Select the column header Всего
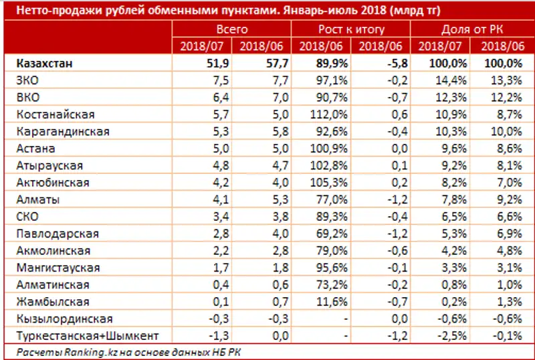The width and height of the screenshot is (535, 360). [x=232, y=29]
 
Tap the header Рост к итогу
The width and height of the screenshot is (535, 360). [x=350, y=29]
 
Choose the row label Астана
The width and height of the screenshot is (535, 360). [x=37, y=149]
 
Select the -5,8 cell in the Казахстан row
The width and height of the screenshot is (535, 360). [x=389, y=64]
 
